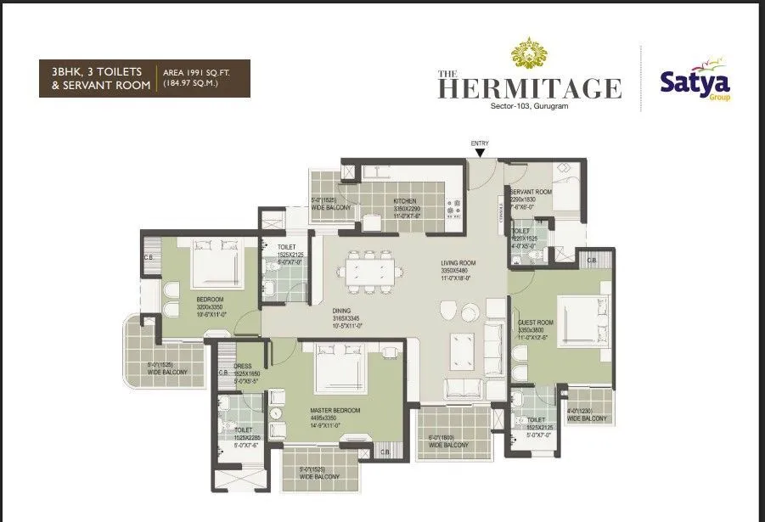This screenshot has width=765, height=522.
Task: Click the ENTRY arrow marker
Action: [x=481, y=153]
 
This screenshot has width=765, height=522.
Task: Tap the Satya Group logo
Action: [x=695, y=83]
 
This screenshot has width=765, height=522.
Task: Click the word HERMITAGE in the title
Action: [x=530, y=88]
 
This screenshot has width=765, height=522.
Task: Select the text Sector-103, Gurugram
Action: [x=530, y=107]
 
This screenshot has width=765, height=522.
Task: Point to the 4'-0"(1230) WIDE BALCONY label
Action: [x=587, y=414]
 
